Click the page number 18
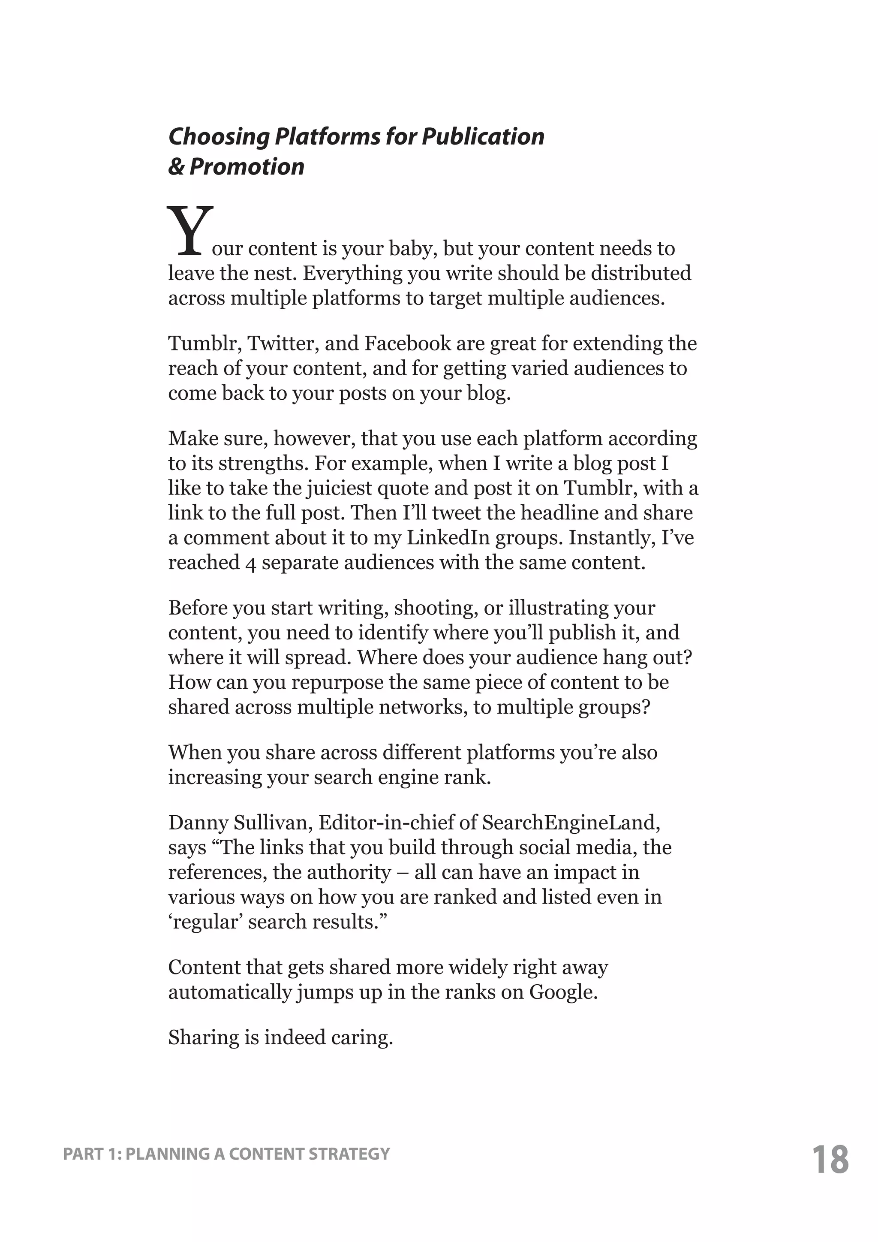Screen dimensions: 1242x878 (830, 1159)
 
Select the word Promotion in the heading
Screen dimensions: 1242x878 (247, 166)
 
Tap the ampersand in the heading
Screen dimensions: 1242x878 (176, 166)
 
